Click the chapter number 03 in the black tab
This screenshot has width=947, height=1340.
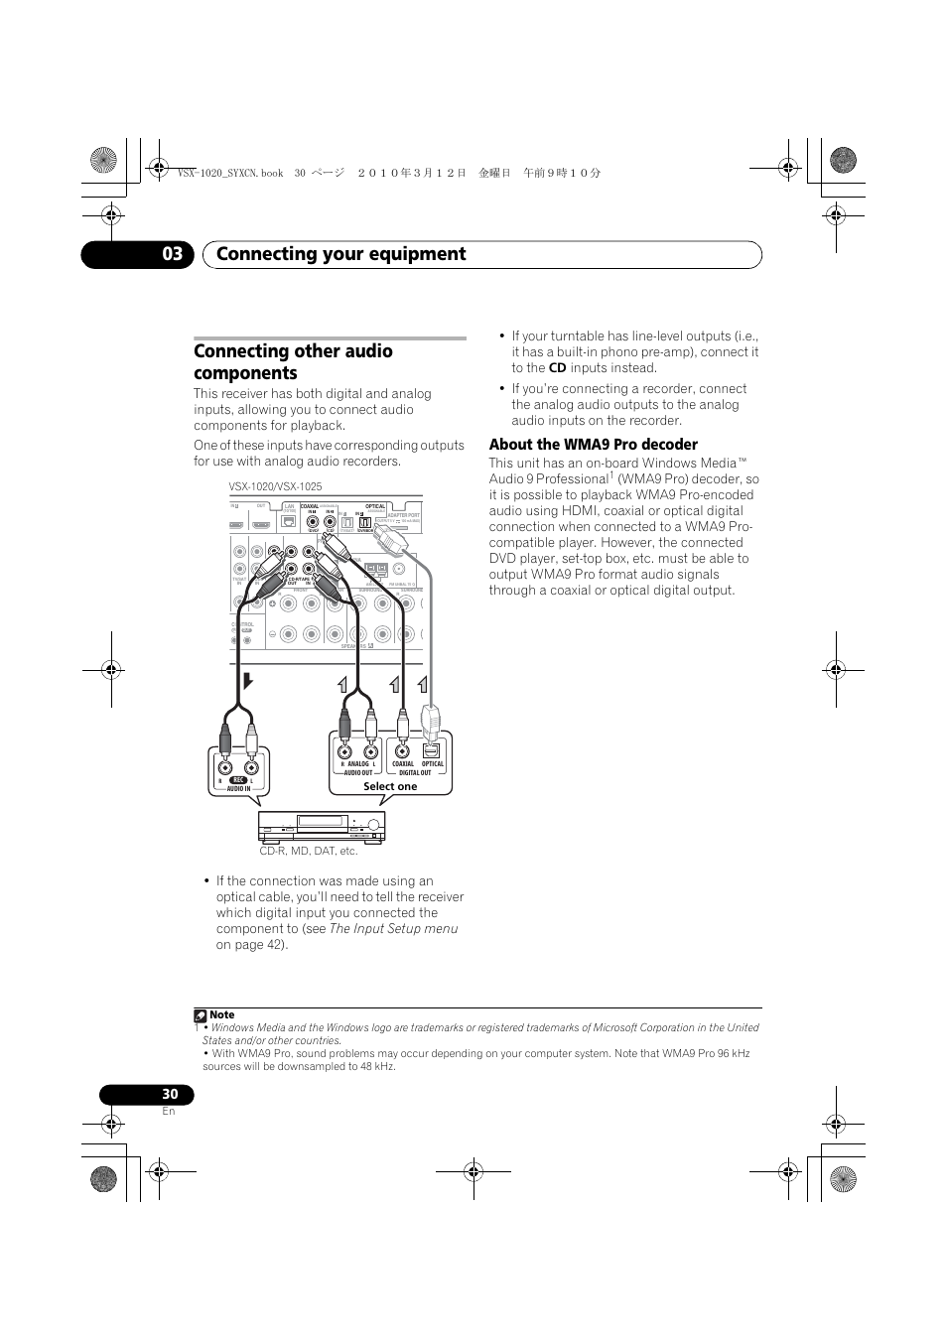click(173, 254)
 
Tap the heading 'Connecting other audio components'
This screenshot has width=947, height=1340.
click(294, 362)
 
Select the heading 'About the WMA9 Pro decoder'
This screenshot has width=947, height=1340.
click(593, 445)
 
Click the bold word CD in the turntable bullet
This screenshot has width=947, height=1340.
click(557, 368)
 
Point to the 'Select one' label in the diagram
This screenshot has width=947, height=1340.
click(390, 786)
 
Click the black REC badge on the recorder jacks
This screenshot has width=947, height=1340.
click(237, 781)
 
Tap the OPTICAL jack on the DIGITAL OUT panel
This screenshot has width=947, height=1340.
click(432, 751)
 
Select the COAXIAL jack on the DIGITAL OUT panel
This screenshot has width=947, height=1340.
click(403, 751)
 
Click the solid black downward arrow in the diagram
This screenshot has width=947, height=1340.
click(248, 681)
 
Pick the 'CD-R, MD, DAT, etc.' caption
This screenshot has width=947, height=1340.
click(309, 851)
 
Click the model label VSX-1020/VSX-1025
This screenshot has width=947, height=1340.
click(275, 487)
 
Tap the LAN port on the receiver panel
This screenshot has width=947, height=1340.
click(290, 517)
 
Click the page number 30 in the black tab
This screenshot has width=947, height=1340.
click(170, 1094)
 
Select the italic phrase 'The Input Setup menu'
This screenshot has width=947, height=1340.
click(394, 929)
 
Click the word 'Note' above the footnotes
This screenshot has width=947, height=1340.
click(222, 1015)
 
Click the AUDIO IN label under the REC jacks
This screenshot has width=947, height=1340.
click(238, 789)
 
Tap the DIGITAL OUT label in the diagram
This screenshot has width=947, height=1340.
click(415, 772)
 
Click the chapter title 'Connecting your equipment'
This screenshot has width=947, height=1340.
click(340, 254)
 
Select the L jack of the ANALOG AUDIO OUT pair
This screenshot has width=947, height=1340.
click(370, 751)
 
